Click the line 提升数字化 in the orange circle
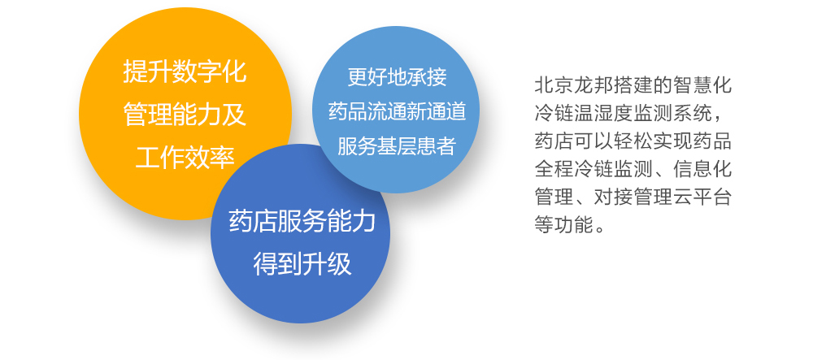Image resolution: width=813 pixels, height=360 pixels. point(185,71)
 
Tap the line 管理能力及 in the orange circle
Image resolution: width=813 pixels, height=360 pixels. point(185,114)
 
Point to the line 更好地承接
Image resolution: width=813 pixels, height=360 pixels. point(397,78)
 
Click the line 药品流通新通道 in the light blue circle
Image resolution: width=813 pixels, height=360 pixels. point(397,112)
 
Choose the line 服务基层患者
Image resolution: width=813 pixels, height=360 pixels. point(397,146)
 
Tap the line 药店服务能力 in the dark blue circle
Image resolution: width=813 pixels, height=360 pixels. point(302,222)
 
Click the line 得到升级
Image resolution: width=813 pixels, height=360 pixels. point(302,263)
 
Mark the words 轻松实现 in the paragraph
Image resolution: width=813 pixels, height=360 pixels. point(633,141)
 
